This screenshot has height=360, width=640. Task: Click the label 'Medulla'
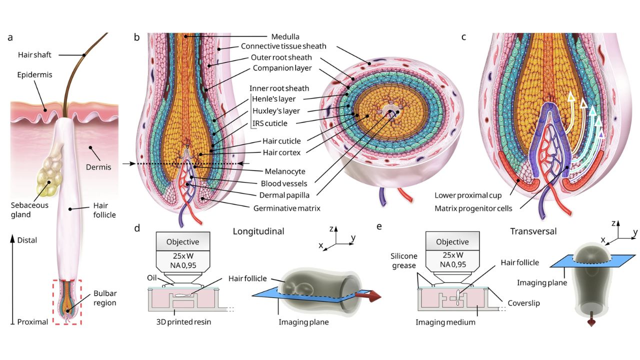pyautogui.click(x=285, y=36)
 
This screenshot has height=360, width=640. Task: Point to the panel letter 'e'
pyautogui.click(x=378, y=226)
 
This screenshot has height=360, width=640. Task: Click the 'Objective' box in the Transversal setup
pyautogui.click(x=452, y=242)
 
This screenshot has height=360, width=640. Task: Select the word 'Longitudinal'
pyautogui.click(x=258, y=231)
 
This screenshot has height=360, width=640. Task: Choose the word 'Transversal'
pyautogui.click(x=533, y=231)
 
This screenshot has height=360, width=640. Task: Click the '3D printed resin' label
pyautogui.click(x=183, y=322)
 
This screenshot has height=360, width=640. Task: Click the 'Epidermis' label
pyautogui.click(x=34, y=74)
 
